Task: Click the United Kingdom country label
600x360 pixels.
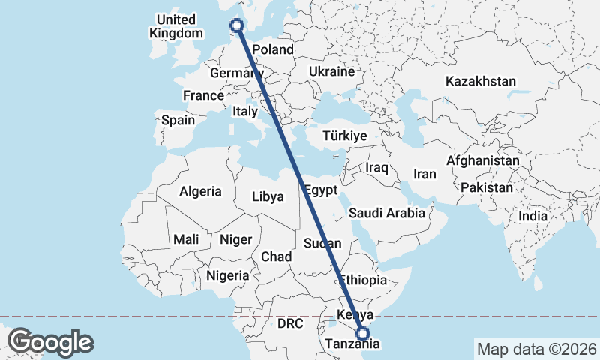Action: pos(176,26)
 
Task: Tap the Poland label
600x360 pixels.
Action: pos(274,49)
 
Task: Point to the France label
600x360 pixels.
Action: pos(203,95)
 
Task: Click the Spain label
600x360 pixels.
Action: pos(178,120)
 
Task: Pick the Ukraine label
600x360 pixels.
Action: pos(331,72)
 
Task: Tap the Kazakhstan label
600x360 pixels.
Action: pos(480,81)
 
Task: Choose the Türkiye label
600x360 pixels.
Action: pos(344,136)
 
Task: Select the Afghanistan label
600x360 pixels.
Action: pos(482,160)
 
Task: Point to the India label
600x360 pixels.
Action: pos(533,216)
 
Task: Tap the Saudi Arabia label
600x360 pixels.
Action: pos(386,214)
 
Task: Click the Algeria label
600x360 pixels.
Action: pos(200,191)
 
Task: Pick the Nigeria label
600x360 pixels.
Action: pos(227,275)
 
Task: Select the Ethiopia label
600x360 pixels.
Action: pos(364,280)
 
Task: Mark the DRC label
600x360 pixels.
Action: pos(289,324)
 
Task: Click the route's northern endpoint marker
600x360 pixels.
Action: pos(238,25)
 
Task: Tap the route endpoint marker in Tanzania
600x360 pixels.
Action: pos(363,334)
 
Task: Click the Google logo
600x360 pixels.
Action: pos(50,342)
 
